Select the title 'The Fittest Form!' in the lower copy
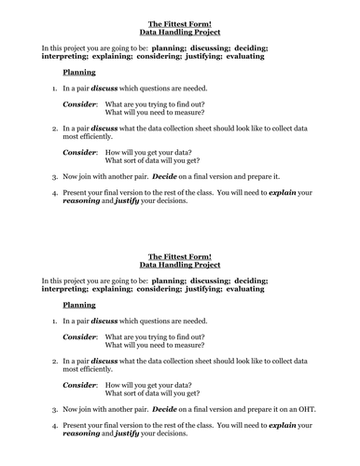(x=180, y=255)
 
